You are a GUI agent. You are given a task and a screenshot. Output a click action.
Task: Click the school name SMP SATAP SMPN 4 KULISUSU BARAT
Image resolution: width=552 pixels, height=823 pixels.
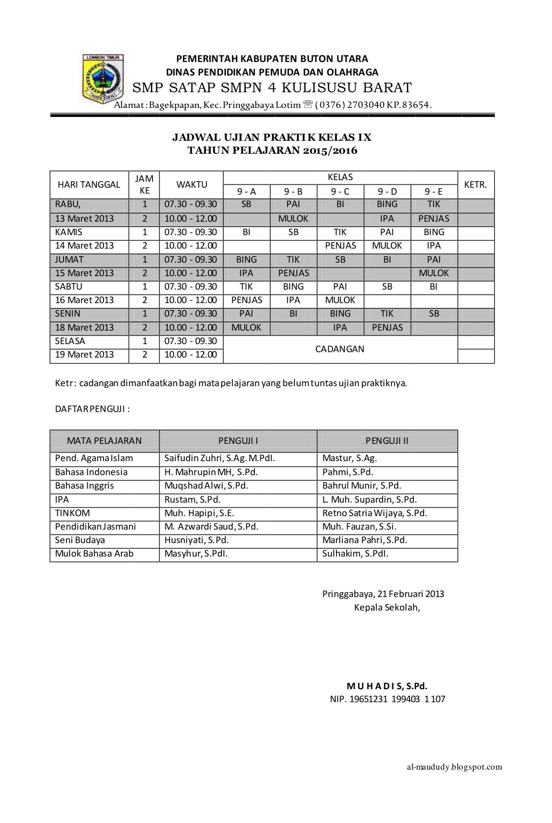coord(272,88)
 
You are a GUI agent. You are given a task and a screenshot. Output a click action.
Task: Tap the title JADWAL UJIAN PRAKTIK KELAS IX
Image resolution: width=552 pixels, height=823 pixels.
coord(272,138)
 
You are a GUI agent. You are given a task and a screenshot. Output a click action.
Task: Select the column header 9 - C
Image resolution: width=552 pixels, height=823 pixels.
coord(340,191)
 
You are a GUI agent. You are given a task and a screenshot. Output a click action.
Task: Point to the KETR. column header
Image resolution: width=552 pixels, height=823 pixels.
coord(475,184)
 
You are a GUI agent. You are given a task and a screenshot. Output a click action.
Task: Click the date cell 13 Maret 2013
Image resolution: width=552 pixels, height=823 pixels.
coord(85,218)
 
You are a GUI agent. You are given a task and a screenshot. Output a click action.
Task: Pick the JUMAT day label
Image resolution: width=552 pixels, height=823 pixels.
coord(70,259)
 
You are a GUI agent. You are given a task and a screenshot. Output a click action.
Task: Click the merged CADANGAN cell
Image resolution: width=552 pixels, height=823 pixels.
coord(340,349)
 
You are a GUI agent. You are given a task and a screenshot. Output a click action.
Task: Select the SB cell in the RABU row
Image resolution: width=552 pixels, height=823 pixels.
coord(246,204)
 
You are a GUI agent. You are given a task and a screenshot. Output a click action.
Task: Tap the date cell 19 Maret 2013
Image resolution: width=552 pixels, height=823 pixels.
coord(85,354)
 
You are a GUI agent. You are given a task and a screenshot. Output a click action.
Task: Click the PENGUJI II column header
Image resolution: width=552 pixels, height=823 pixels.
coord(387,441)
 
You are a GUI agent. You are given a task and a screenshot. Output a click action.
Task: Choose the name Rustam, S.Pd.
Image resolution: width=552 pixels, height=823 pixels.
coord(192,499)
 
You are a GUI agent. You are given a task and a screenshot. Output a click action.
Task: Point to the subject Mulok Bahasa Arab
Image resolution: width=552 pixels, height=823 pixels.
coord(94,553)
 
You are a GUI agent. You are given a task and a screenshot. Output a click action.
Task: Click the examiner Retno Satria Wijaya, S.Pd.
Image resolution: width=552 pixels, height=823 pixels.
coord(375,513)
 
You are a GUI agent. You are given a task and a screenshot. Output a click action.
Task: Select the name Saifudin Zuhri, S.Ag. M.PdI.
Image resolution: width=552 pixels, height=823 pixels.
coord(219,458)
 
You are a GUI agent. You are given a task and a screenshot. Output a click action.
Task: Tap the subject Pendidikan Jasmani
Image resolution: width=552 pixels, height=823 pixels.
coord(95,526)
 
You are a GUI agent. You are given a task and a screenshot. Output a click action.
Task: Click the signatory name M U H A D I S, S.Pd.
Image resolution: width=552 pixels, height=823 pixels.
coord(387,686)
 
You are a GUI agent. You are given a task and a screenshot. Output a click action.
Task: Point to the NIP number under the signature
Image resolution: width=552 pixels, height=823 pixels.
coord(388,699)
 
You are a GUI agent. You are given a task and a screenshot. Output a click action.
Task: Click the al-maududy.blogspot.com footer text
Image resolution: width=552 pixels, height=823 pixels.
coord(454,767)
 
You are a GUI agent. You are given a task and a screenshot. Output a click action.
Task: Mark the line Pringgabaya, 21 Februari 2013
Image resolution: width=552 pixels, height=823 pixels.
coord(383,594)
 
